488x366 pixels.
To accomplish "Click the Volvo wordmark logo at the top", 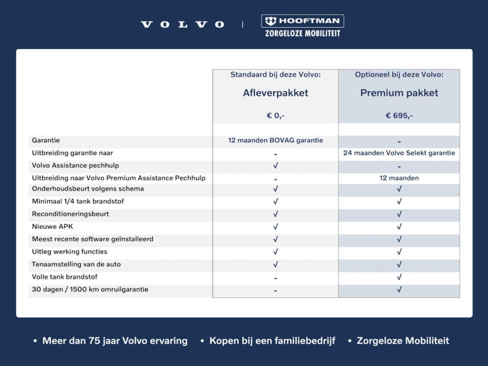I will (x=183, y=25).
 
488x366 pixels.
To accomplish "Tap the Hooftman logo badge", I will (x=302, y=21).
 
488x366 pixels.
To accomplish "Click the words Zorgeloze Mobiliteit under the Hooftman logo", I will (x=302, y=34).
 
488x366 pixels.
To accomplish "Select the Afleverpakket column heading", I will (x=275, y=93).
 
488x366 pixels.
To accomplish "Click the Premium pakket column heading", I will (x=399, y=93).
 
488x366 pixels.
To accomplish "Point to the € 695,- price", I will (x=399, y=116).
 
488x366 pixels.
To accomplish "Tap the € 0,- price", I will (x=275, y=116).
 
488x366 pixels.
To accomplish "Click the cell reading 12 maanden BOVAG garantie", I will (x=275, y=140).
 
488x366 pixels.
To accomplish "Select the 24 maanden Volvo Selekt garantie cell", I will (x=399, y=153).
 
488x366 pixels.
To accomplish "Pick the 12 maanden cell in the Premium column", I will (x=399, y=178).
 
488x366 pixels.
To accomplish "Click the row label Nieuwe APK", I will (x=52, y=226).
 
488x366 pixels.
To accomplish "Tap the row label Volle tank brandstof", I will (x=64, y=277).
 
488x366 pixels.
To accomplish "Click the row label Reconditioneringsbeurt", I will (x=70, y=214).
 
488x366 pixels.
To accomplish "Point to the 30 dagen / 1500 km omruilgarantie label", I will (x=90, y=289).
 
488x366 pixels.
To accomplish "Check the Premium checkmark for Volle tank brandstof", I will (x=399, y=277).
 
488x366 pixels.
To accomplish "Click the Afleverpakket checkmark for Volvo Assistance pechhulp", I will (x=275, y=165).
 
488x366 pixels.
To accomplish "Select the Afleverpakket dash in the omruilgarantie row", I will (x=275, y=291).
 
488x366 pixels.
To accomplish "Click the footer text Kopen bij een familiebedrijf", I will (x=272, y=341).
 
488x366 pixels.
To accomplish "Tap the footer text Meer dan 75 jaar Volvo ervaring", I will (x=115, y=341).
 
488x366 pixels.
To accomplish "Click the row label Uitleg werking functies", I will (x=69, y=252).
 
